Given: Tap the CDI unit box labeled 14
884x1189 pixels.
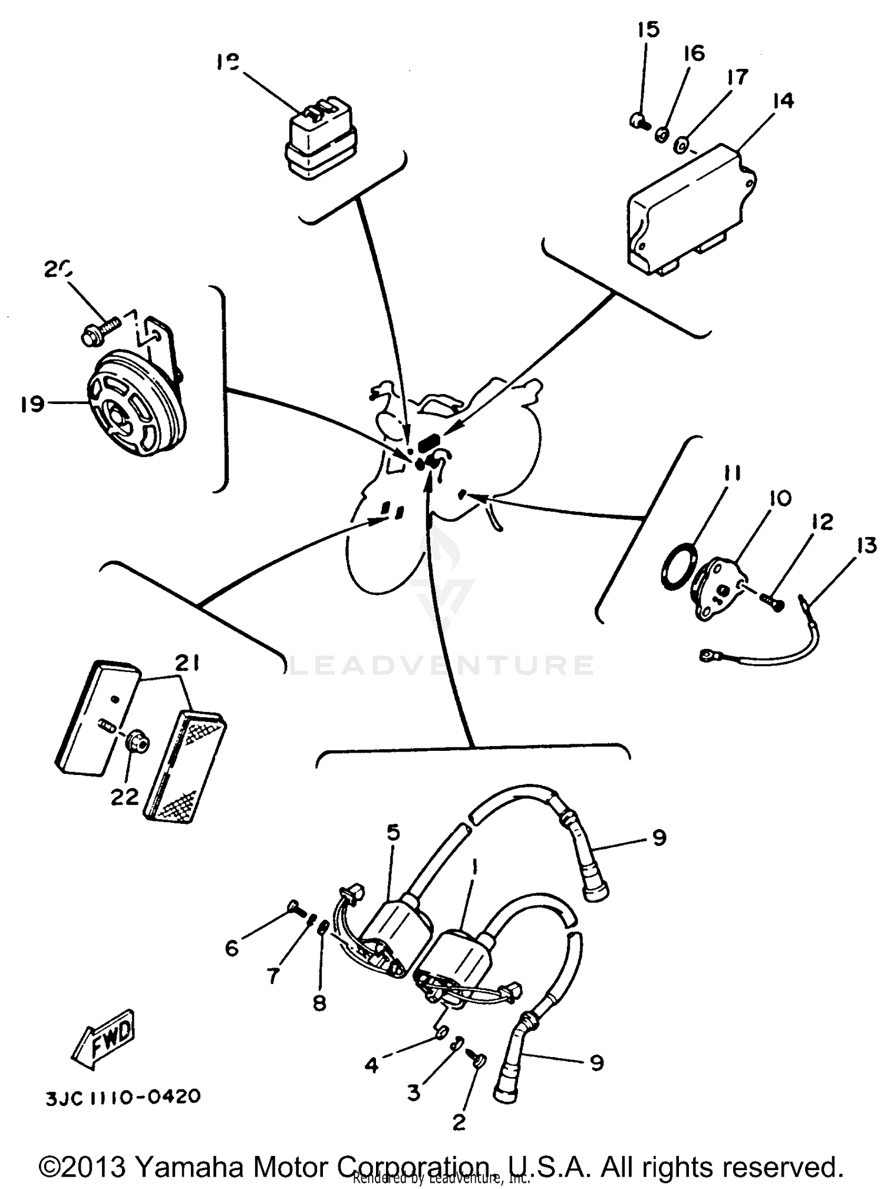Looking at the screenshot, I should click(690, 212).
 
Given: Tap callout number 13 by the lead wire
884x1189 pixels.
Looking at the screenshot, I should click(865, 546).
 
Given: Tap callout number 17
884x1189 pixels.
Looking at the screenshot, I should click(737, 77).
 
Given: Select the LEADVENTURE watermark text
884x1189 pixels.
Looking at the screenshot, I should click(442, 665).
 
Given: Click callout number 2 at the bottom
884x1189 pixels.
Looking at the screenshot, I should click(459, 1122).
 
